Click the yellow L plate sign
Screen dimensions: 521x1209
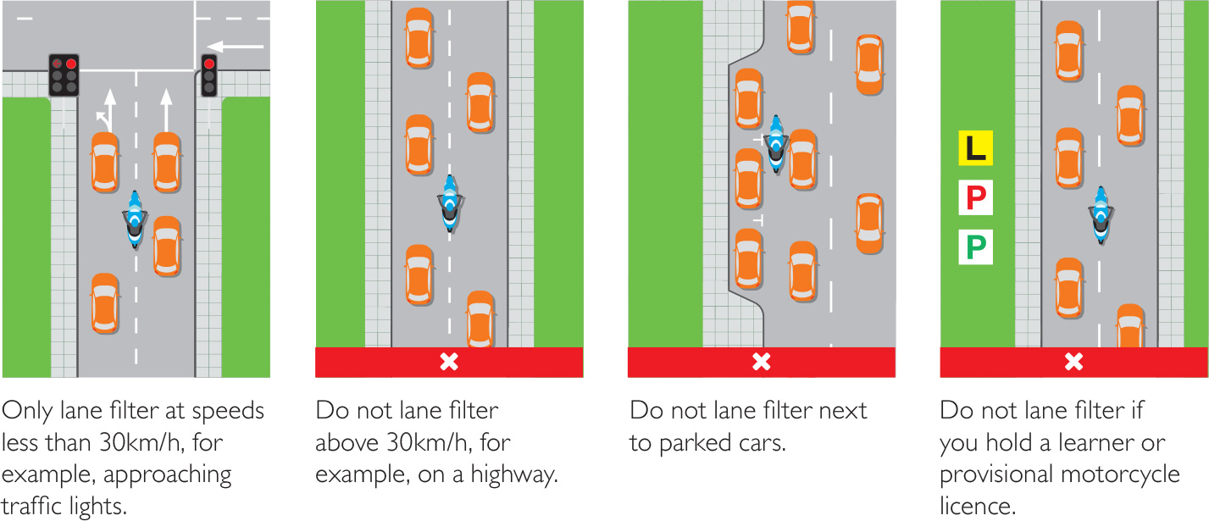point(974,148)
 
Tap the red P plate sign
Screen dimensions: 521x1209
point(974,198)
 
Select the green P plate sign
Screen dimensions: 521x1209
point(974,247)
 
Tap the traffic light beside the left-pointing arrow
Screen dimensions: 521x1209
point(208,75)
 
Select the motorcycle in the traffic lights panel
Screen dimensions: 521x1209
point(135,219)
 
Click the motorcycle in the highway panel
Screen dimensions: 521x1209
point(450,203)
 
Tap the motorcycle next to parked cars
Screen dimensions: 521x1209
point(775,144)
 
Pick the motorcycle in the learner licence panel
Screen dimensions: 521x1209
point(1101,214)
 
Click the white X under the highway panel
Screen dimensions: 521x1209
point(449,363)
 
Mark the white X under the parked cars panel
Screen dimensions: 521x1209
point(761,363)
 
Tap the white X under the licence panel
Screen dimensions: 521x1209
point(1073,363)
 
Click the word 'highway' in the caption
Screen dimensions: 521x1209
point(512,474)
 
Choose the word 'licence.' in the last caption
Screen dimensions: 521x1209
point(978,506)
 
